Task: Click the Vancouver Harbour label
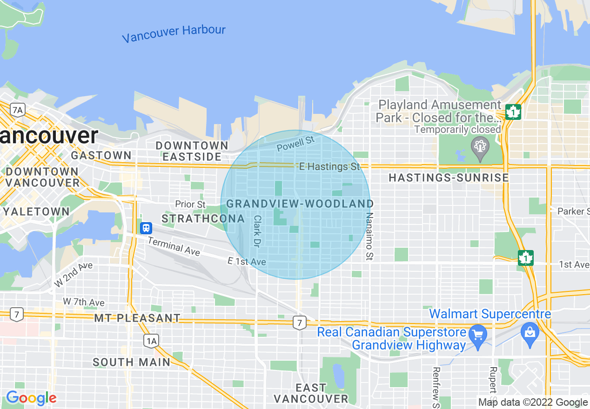pyautogui.click(x=174, y=34)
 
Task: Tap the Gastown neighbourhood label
pyautogui.click(x=101, y=155)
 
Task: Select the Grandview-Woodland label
pyautogui.click(x=300, y=204)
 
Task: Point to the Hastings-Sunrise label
pyautogui.click(x=449, y=178)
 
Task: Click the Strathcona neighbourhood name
pyautogui.click(x=203, y=218)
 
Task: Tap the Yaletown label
pyautogui.click(x=36, y=211)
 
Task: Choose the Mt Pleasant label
pyautogui.click(x=137, y=318)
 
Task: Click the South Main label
pyautogui.click(x=132, y=362)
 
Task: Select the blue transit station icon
pyautogui.click(x=146, y=228)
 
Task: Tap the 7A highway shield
pyautogui.click(x=17, y=110)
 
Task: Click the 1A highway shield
pyautogui.click(x=151, y=341)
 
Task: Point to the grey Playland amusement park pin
pyautogui.click(x=479, y=146)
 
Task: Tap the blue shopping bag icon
pyautogui.click(x=530, y=332)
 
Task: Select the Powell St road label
pyautogui.click(x=295, y=143)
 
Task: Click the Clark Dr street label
pyautogui.click(x=257, y=231)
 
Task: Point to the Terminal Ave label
pyautogui.click(x=174, y=246)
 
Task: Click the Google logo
pyautogui.click(x=31, y=398)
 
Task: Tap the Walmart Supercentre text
pyautogui.click(x=490, y=314)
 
